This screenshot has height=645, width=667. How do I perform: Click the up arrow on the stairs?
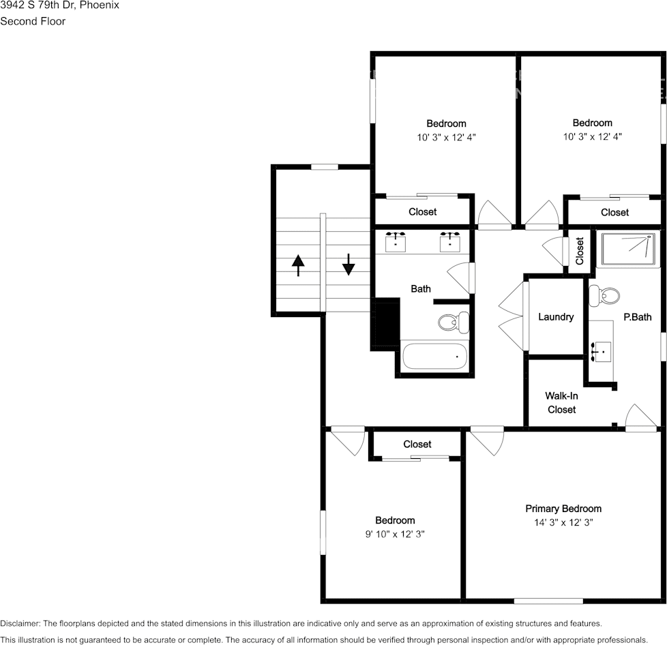coord(298,265)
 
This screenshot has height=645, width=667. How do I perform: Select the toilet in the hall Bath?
coord(454,321)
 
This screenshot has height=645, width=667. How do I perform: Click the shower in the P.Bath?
coord(628,250)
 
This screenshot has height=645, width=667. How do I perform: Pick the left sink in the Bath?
coord(396,241)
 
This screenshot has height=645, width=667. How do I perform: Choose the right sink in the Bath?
coord(450,241)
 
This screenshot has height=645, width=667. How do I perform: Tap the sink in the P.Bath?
coord(603,350)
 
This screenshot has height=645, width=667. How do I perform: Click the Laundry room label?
coord(556,317)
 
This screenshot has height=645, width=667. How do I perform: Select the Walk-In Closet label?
coord(561,402)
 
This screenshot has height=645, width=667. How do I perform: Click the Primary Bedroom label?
coord(563,509)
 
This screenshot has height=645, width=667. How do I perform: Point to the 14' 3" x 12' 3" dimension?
coord(563,522)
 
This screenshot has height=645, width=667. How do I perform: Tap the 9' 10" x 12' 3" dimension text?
coord(395,534)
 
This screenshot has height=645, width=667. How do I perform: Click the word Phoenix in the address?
coord(100,5)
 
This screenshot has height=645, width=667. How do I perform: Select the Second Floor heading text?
coord(33,21)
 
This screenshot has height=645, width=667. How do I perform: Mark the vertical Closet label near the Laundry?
coord(580,251)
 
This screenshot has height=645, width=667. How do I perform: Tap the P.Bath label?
coord(637,317)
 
